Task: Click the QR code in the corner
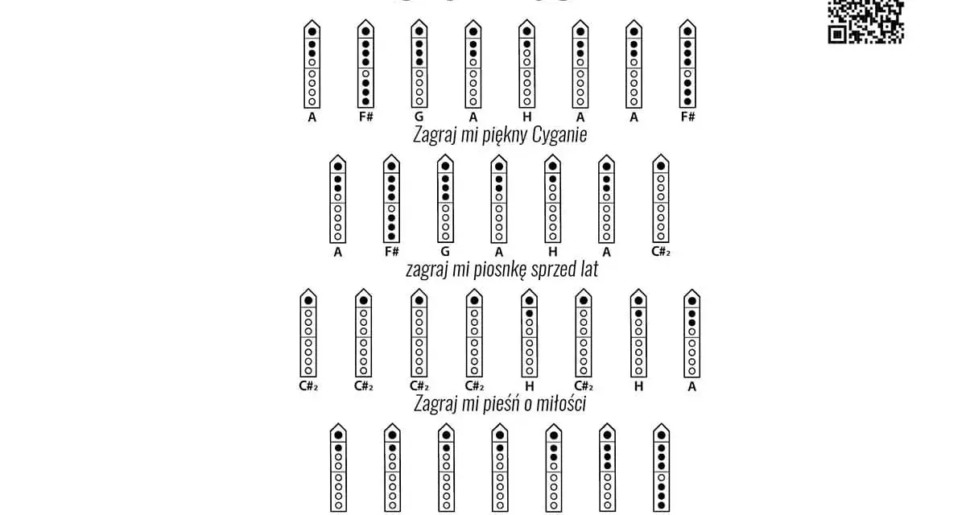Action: tap(865, 22)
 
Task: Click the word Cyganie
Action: tap(559, 134)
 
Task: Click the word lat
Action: tap(588, 269)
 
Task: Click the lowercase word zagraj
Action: tap(424, 270)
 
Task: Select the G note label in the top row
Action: tap(419, 117)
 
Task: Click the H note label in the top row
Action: tap(526, 117)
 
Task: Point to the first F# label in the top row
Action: tap(366, 117)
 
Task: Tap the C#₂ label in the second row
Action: tap(661, 252)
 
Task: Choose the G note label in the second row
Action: tap(445, 252)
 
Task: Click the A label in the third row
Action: tap(691, 386)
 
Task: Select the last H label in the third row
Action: tap(638, 386)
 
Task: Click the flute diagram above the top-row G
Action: tap(419, 64)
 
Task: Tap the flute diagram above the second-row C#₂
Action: tap(661, 199)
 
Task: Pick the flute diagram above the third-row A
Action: tap(691, 333)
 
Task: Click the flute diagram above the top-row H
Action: tap(526, 64)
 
